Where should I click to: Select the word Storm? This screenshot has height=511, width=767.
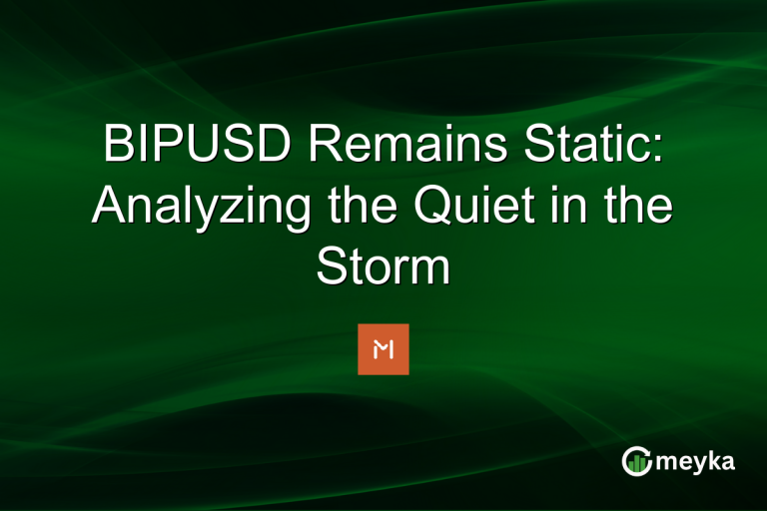(x=383, y=266)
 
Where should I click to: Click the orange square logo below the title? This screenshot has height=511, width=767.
(x=383, y=349)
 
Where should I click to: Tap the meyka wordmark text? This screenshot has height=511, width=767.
(x=699, y=461)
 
